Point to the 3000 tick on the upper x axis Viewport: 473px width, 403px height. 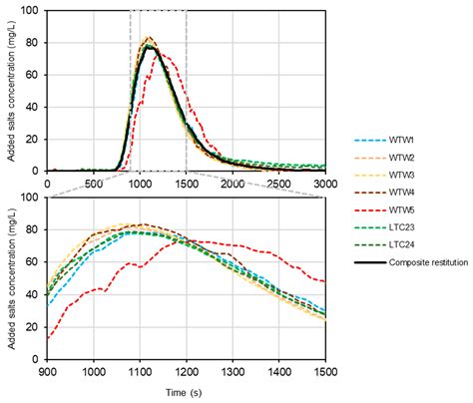point(325,184)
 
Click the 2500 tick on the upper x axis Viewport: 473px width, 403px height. point(279,184)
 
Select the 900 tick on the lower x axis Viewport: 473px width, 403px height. point(48,371)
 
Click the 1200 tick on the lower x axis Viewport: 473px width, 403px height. point(187,371)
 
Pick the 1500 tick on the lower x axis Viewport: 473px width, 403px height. point(325,371)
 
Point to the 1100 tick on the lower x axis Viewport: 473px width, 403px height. point(141,371)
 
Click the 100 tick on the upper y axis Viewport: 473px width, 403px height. point(34,12)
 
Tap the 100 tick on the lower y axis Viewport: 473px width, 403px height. point(34,198)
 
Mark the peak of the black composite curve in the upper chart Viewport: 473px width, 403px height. point(151,47)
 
